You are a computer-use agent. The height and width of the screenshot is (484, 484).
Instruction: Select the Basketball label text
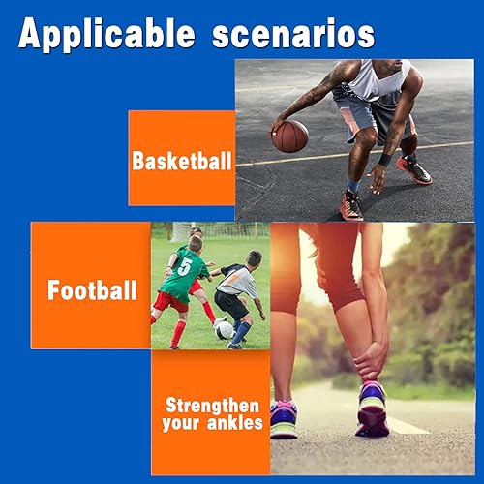[182, 161]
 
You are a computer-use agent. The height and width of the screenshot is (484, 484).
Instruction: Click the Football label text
[93, 290]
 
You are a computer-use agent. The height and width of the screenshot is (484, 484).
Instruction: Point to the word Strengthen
[211, 405]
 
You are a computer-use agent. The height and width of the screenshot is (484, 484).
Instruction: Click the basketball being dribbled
[288, 136]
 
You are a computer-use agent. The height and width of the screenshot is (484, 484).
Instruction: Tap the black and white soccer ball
[224, 329]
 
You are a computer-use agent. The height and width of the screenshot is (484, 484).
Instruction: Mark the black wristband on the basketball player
[384, 159]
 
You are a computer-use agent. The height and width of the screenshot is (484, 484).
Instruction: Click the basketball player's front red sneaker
[352, 205]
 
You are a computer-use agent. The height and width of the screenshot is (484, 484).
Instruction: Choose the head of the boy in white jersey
[253, 259]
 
